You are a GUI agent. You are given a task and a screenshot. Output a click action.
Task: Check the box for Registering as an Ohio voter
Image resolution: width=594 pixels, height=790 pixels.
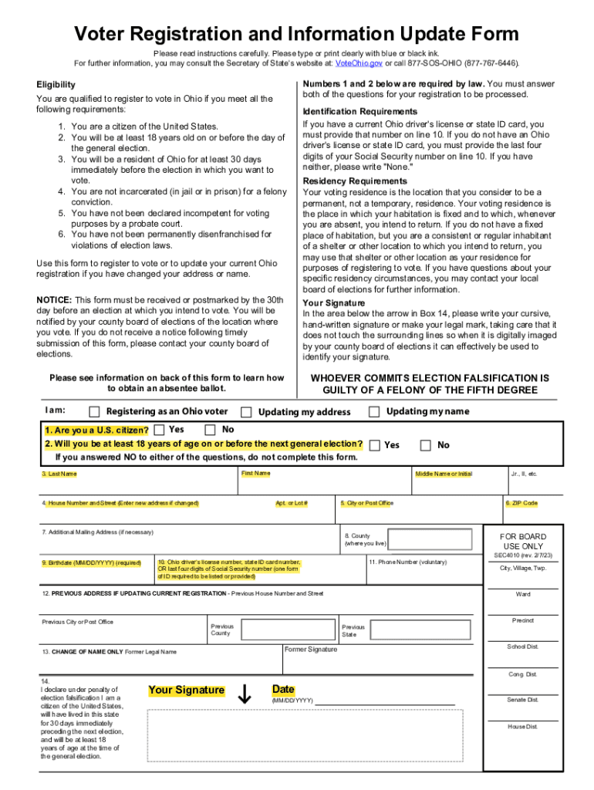94,412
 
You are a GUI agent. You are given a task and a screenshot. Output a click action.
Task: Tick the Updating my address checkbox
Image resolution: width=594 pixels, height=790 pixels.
246,412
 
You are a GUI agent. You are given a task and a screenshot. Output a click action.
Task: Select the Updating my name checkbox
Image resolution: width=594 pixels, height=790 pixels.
374,412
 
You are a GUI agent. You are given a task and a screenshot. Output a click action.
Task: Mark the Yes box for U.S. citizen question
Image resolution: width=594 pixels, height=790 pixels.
159,430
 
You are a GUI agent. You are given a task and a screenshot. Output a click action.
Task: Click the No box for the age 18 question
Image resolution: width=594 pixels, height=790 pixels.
425,445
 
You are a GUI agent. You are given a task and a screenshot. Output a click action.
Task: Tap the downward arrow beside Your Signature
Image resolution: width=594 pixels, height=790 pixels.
245,694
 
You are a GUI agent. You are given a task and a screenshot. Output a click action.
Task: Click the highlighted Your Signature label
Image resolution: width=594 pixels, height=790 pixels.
186,690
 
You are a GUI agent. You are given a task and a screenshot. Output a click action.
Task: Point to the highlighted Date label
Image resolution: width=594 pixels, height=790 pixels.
283,689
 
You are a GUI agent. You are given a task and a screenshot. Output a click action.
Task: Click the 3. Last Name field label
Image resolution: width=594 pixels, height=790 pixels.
59,474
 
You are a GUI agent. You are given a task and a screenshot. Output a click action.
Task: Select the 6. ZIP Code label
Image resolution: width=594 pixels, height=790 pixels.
521,503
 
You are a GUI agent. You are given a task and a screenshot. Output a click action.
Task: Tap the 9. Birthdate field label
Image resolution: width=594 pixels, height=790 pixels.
91,562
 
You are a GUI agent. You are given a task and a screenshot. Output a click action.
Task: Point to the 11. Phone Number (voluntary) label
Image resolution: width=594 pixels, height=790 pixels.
407,562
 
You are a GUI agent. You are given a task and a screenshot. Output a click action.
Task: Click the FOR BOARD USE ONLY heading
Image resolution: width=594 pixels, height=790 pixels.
523,542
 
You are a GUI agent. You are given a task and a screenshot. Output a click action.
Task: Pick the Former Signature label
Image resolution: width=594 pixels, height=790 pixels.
310,650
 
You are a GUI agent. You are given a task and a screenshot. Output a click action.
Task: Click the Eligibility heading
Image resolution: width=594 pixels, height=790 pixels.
56,84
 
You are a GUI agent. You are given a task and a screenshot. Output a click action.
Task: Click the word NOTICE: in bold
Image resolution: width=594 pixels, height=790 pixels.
54,299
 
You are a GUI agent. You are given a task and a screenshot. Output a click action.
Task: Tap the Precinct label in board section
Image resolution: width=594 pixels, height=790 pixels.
522,620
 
